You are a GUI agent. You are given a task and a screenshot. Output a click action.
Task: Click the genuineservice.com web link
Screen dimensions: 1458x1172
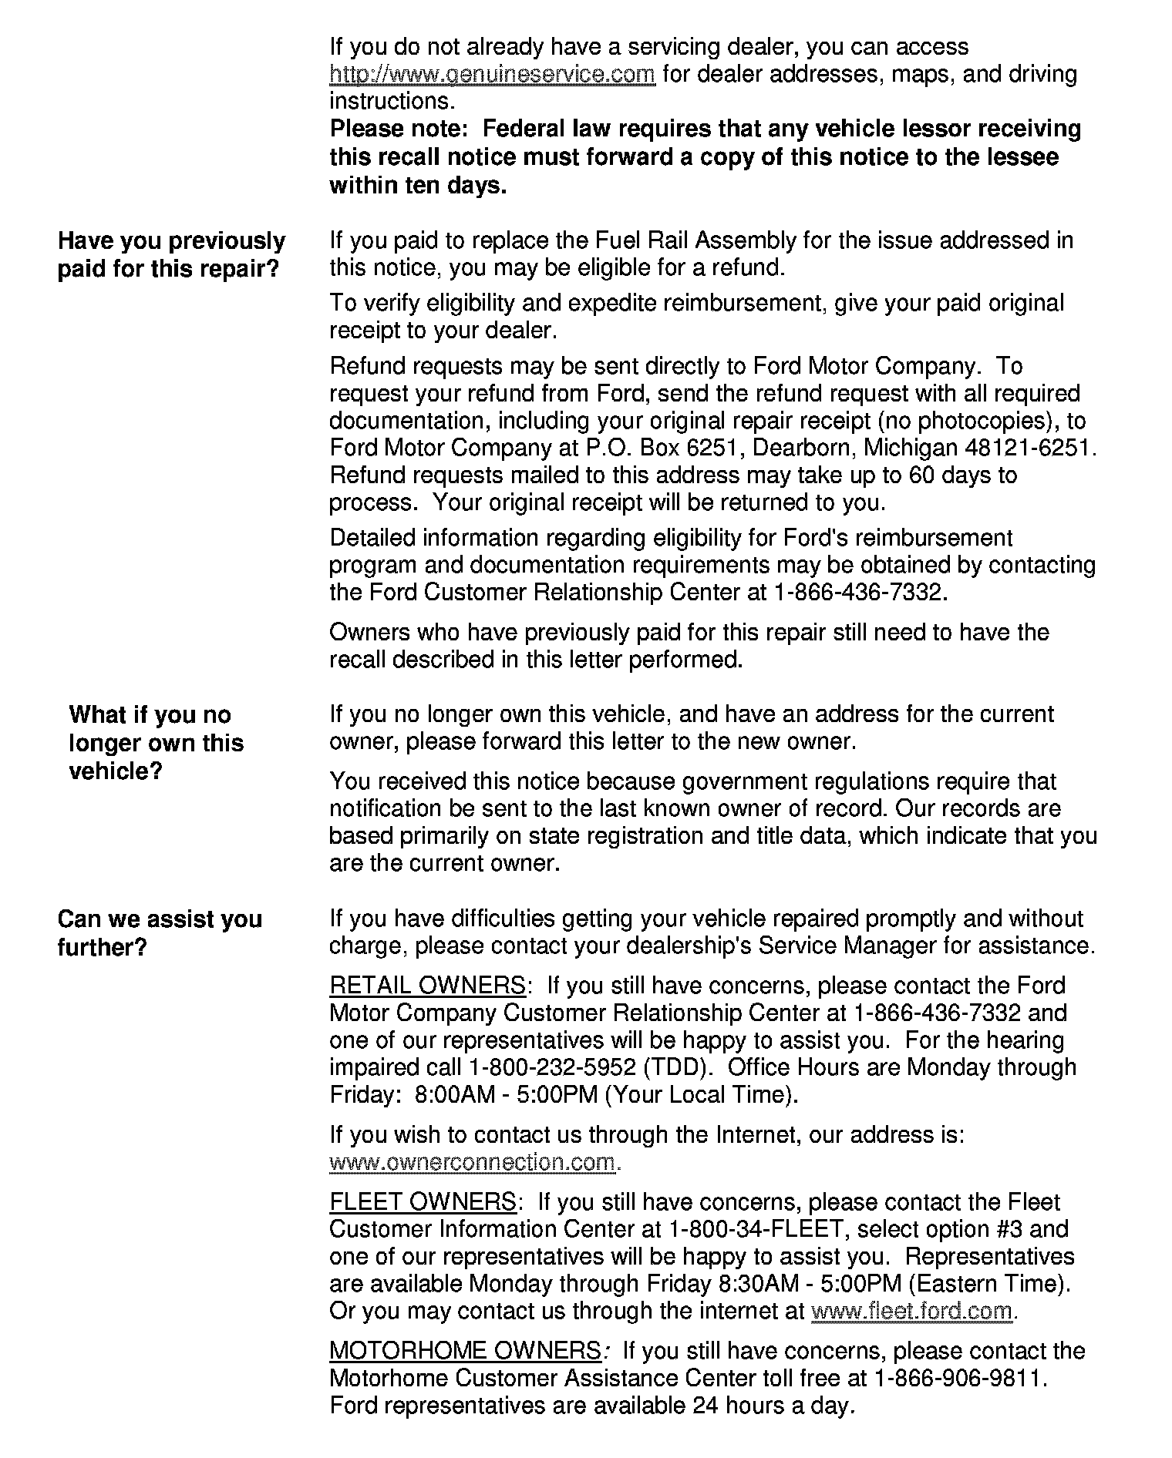(x=492, y=75)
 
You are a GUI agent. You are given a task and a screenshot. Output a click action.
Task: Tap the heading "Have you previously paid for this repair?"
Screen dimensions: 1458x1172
(x=171, y=255)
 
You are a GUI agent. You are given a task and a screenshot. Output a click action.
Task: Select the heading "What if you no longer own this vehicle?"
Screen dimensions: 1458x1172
(x=156, y=743)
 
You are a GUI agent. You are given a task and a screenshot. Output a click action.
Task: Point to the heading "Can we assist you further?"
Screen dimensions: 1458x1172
(x=160, y=932)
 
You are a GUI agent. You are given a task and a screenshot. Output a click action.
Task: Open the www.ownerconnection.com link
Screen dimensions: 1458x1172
(x=473, y=1162)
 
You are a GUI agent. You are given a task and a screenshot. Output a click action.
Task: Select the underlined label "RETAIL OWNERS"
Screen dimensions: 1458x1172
(x=427, y=986)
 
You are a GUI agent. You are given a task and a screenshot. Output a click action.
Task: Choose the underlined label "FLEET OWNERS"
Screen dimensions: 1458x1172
(x=423, y=1202)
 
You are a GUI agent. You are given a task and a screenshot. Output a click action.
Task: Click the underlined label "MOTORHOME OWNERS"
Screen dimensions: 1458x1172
(x=464, y=1351)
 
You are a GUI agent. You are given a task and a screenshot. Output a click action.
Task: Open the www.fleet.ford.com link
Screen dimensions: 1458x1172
(x=911, y=1311)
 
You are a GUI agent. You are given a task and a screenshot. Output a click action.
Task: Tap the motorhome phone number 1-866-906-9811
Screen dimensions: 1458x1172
(x=958, y=1378)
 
